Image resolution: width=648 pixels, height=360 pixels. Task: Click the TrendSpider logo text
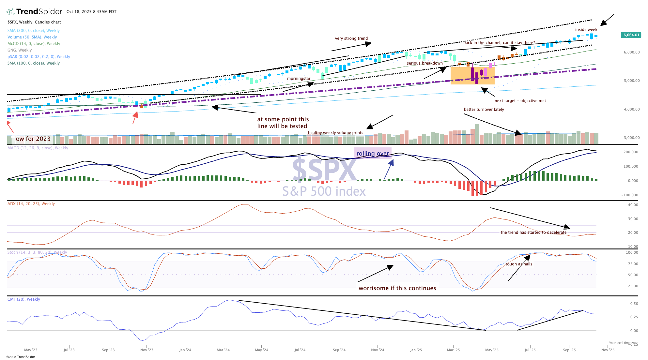tap(39, 12)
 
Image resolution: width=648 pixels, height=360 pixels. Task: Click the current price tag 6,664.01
tap(631, 35)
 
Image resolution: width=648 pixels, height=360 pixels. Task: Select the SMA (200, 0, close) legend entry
tap(34, 31)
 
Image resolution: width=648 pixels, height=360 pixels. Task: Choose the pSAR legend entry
tap(39, 57)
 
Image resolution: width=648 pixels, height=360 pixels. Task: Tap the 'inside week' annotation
tap(586, 30)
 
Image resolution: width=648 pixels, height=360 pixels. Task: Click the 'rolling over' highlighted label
tap(373, 154)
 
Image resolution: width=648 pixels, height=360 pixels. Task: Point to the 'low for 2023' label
tap(32, 139)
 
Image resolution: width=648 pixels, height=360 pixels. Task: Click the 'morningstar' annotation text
tap(299, 79)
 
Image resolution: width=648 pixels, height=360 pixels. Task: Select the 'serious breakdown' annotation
tap(424, 63)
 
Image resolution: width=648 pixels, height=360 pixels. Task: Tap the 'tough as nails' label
tap(519, 264)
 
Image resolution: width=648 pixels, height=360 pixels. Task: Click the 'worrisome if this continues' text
tap(397, 288)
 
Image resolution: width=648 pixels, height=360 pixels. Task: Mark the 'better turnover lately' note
tap(484, 110)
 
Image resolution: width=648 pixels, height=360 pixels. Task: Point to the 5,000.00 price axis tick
tap(632, 81)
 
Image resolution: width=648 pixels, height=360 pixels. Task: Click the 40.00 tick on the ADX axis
tap(633, 205)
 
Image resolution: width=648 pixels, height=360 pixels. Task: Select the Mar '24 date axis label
tap(223, 350)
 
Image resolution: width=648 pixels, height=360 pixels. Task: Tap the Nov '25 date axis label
tap(608, 350)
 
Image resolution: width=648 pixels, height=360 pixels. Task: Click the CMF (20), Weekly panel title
tap(24, 299)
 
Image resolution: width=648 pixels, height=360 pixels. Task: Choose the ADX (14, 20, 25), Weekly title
tap(31, 204)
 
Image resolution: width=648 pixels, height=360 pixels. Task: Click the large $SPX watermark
tap(324, 169)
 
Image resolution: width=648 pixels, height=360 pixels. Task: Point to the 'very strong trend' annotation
tap(351, 38)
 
